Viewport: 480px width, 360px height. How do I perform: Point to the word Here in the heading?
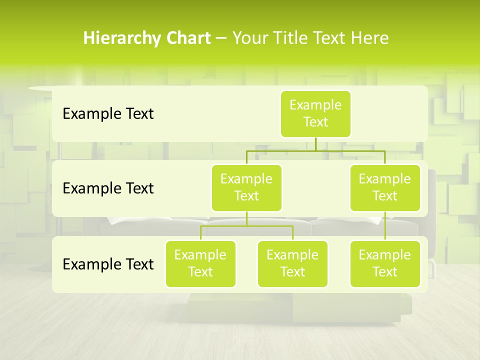[x=370, y=38]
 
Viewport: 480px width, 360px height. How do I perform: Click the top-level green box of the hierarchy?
[x=315, y=113]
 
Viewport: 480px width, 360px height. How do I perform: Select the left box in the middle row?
[x=246, y=187]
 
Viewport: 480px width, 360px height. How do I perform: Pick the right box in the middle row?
[x=385, y=187]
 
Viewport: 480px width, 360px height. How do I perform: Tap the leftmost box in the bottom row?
[x=200, y=263]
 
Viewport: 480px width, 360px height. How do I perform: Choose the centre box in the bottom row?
[x=292, y=263]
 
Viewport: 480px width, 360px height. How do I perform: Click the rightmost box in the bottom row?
[x=385, y=263]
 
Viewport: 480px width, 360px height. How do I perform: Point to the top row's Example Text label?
[x=108, y=114]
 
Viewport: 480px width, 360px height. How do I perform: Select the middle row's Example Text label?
[x=108, y=188]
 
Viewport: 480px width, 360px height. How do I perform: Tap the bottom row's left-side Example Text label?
[x=108, y=264]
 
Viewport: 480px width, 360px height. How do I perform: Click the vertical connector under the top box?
[x=315, y=144]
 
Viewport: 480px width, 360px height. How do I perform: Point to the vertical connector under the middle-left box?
[x=246, y=218]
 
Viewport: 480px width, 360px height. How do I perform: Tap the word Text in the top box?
[x=315, y=122]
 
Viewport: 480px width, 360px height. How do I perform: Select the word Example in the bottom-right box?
[x=385, y=255]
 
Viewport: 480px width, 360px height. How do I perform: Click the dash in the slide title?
[x=221, y=38]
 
